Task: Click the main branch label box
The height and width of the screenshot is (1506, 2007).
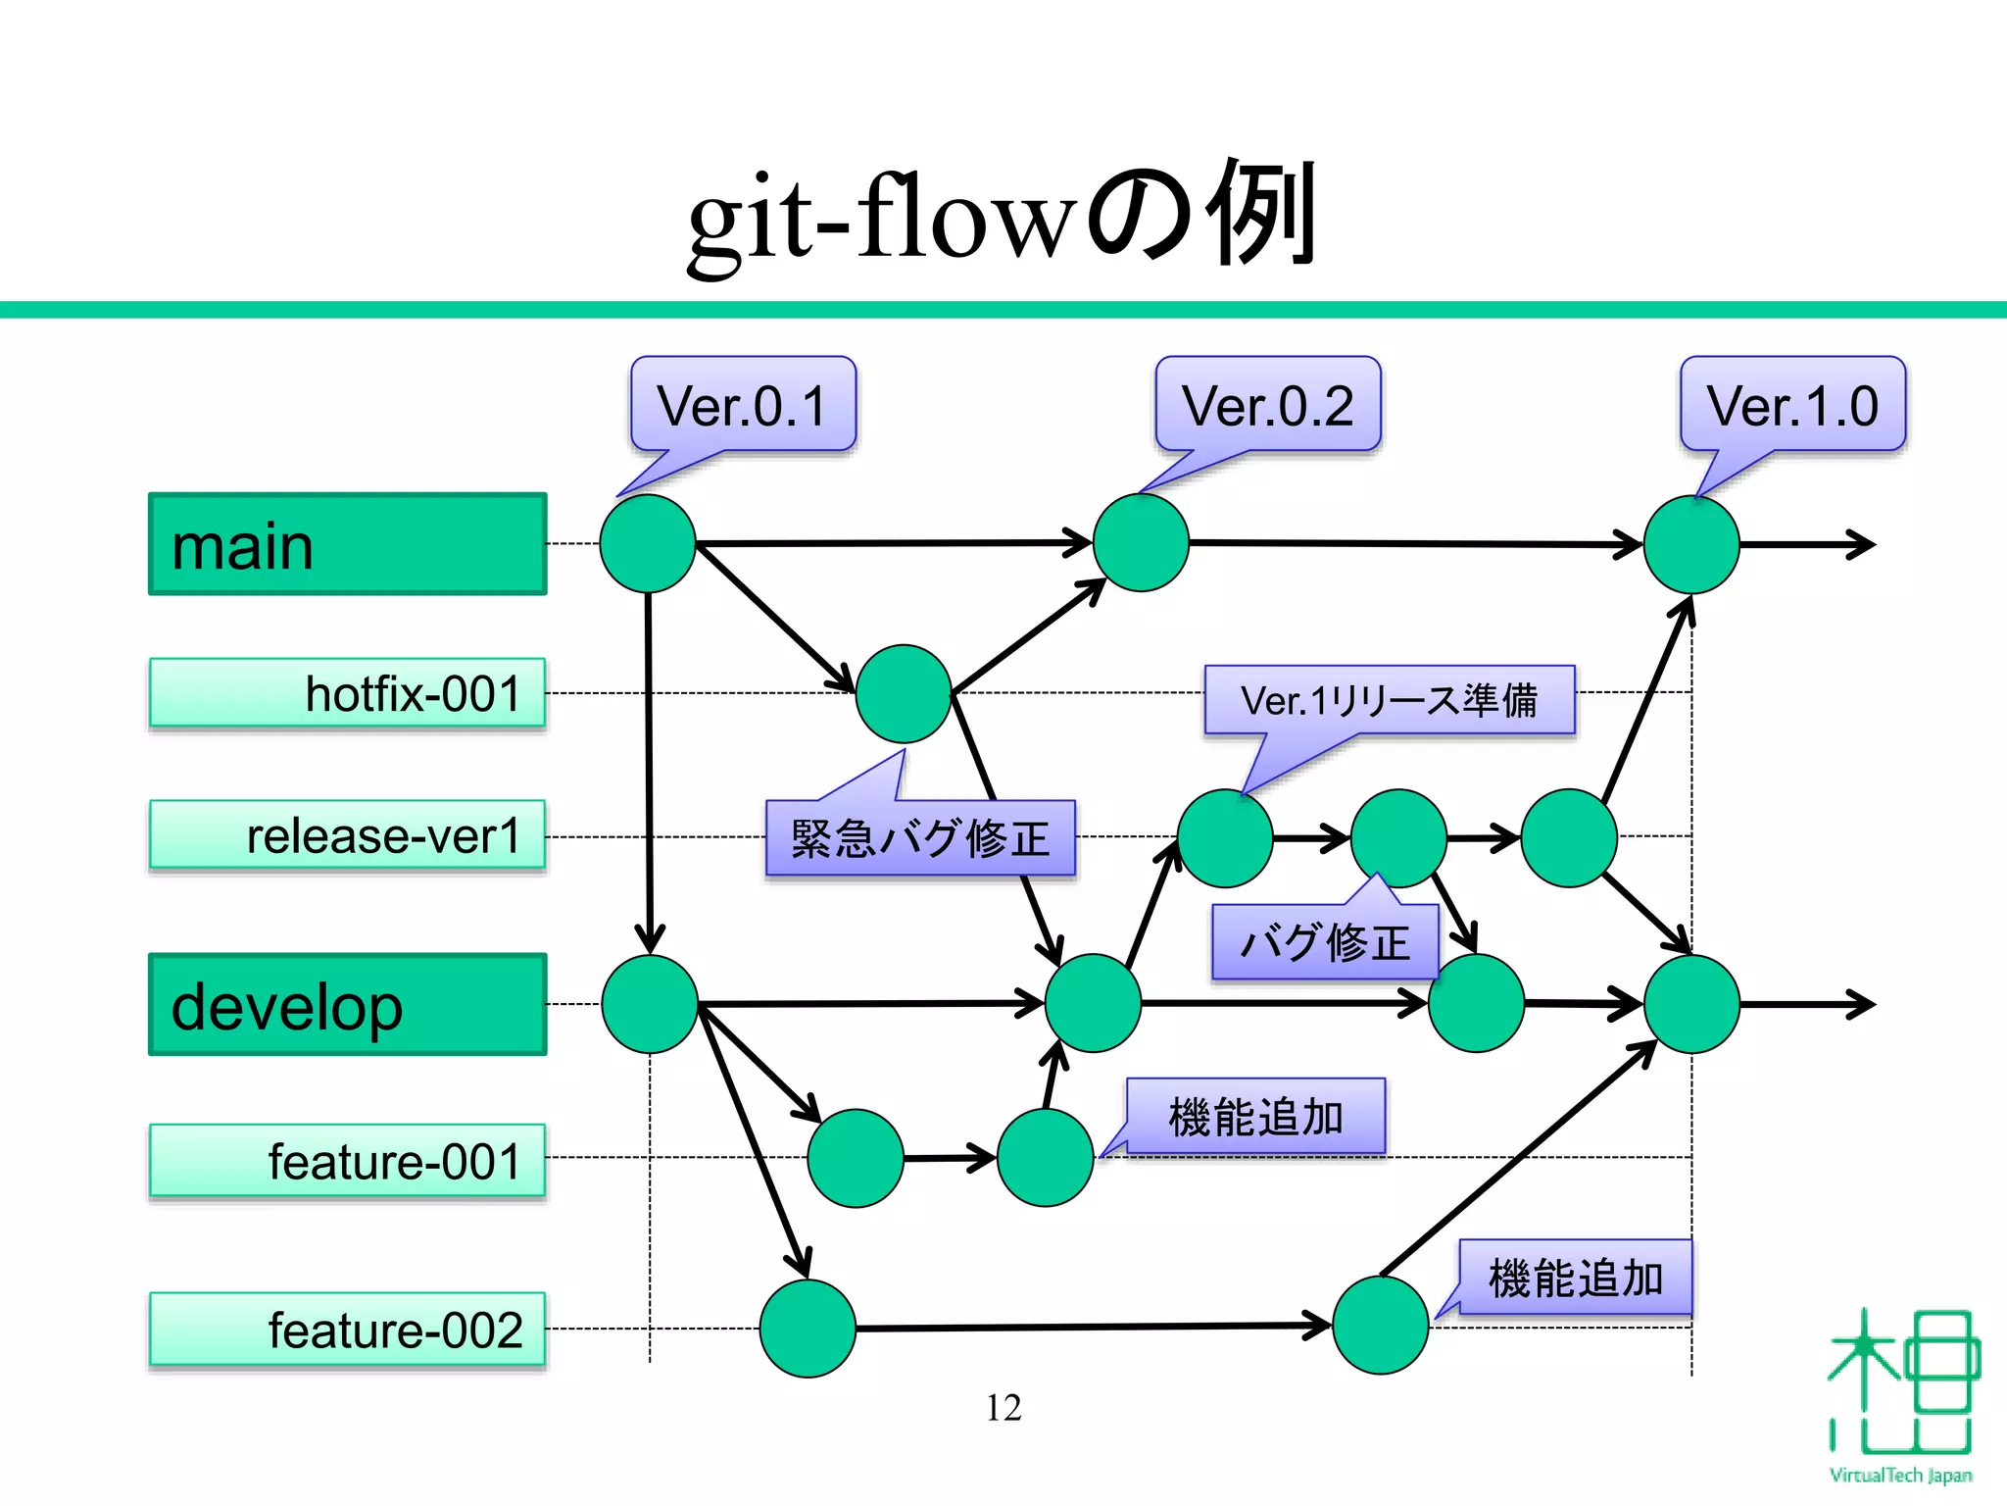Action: click(347, 544)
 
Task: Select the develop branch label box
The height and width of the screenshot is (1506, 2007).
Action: click(347, 1004)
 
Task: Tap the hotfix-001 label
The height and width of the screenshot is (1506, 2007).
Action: click(347, 693)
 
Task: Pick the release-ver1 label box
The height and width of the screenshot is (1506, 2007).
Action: click(347, 835)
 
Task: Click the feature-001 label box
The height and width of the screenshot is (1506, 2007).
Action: click(347, 1161)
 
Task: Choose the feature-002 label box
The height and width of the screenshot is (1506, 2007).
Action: click(347, 1330)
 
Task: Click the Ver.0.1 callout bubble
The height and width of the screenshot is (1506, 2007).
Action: click(743, 405)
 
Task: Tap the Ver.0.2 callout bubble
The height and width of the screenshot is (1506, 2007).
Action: click(1268, 405)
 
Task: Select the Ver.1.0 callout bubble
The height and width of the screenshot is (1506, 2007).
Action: click(1792, 405)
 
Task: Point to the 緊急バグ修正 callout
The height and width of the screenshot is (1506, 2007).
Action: click(920, 838)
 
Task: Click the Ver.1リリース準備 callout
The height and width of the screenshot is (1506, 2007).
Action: click(1389, 700)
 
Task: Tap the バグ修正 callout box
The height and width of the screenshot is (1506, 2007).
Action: click(1325, 942)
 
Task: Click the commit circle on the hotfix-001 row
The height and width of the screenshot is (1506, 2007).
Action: click(903, 693)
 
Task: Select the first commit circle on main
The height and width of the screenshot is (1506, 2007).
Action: click(648, 543)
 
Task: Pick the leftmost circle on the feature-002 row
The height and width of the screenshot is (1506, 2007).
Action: click(808, 1328)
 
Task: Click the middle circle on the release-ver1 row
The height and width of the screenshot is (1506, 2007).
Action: click(1398, 837)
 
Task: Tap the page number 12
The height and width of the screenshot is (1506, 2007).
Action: click(1003, 1408)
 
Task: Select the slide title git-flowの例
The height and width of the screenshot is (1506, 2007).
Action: click(1003, 214)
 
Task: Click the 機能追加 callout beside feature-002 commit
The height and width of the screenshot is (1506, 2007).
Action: click(1575, 1278)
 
